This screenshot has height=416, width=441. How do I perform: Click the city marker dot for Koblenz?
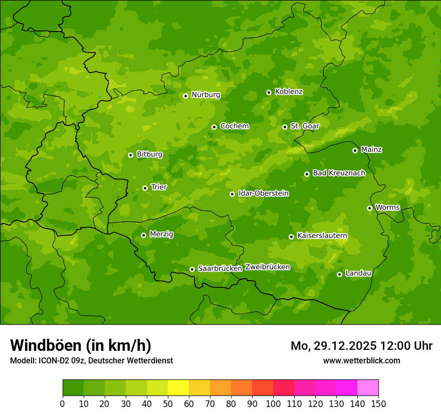pos(269,92)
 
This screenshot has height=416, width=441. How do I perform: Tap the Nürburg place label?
pos(205,95)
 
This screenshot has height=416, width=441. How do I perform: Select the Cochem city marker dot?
pos(214,127)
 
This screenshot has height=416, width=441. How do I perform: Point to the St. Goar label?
pos(305,126)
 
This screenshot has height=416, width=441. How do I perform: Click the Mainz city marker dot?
pos(355,150)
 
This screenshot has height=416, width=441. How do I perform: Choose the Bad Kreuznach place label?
pos(339,173)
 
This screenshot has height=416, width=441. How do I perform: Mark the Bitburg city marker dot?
pos(130,155)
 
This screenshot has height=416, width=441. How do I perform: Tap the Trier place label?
pos(158,187)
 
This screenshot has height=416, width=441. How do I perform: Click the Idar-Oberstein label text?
pos(263,193)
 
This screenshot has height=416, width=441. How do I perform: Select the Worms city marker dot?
pos(369,208)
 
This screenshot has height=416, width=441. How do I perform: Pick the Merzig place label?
pos(161,234)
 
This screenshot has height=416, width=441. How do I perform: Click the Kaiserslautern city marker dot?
pos(291,237)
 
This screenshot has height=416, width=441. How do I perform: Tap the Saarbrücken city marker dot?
pos(192,269)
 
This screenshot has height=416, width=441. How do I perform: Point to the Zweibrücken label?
pos(267,267)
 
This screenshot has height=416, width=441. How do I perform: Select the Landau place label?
pos(358,273)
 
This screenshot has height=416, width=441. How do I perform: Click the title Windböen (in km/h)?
pos(81,345)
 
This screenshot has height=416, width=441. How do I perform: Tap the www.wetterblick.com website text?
pos(361,360)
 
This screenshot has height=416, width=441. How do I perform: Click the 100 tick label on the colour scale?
pos(273,403)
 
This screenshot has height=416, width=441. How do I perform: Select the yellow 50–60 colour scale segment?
pos(178,388)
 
